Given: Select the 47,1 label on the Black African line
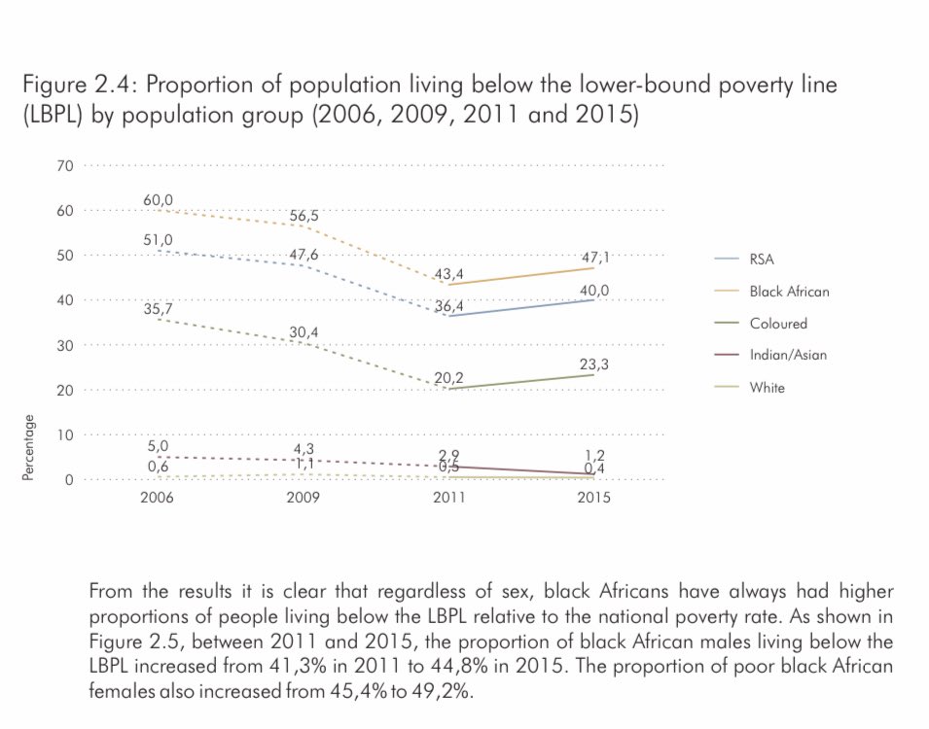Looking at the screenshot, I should click(595, 258).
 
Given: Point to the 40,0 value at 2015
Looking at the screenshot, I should click(595, 289).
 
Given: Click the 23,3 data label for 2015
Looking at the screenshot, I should click(595, 364).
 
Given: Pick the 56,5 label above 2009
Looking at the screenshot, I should click(304, 216).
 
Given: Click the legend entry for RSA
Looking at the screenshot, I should click(762, 260).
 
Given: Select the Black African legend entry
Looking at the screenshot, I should click(789, 292).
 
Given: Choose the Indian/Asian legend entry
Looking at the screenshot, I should click(788, 355).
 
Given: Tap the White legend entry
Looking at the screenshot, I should click(767, 387).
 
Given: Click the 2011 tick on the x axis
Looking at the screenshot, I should click(448, 497).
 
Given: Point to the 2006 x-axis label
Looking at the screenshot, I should click(159, 497).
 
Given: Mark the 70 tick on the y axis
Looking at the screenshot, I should click(65, 165).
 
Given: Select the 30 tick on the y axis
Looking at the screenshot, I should click(65, 345).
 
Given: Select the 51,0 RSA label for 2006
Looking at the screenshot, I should click(159, 239).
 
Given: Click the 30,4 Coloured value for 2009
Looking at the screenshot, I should click(304, 332).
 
